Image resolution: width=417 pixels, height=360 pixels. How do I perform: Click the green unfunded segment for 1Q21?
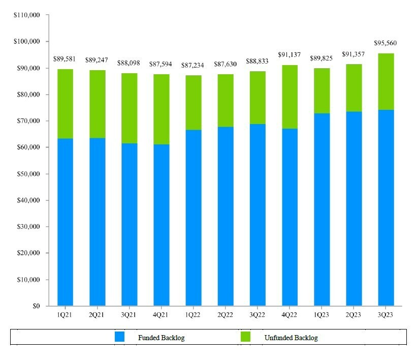click(65, 104)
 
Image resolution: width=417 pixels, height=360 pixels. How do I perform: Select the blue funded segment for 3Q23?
click(386, 207)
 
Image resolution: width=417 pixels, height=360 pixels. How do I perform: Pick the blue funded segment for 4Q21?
click(161, 225)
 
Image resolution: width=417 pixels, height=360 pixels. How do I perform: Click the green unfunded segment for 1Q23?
click(322, 91)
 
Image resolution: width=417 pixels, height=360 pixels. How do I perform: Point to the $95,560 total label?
click(386, 43)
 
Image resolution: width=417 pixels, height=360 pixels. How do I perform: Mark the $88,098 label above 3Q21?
click(129, 64)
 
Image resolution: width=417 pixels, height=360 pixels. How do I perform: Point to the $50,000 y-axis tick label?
click(28, 174)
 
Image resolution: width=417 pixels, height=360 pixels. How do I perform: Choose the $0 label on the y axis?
click(35, 306)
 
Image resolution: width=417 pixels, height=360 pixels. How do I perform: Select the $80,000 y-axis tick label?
click(28, 95)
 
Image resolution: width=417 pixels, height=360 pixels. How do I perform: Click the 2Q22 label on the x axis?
click(225, 315)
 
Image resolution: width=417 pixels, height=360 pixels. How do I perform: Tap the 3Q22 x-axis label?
click(258, 315)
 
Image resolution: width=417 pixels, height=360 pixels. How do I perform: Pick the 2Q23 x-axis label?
click(354, 315)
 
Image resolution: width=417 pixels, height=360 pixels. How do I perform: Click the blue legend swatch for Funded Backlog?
click(119, 337)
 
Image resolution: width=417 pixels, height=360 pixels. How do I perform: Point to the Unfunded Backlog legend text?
click(291, 338)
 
